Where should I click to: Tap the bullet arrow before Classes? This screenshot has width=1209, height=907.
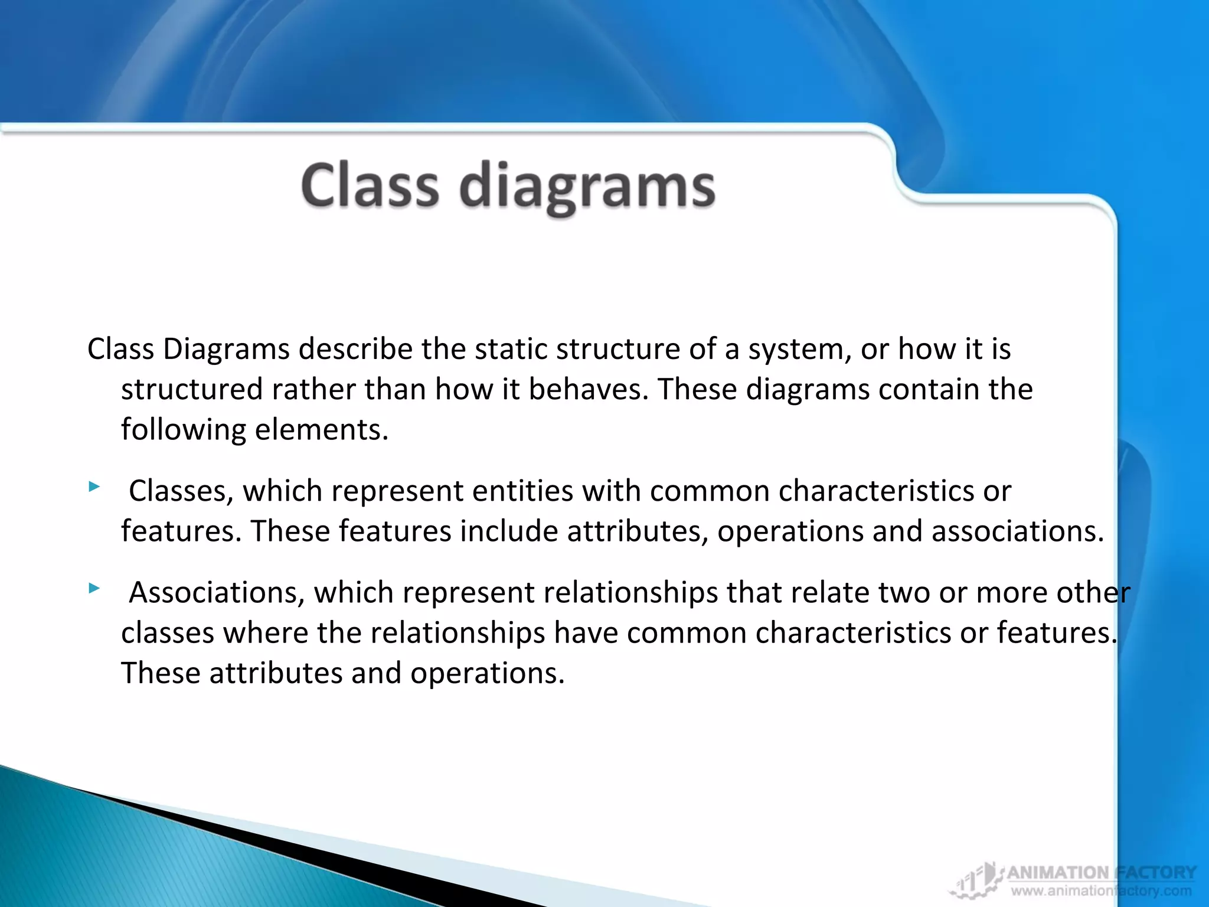(x=94, y=487)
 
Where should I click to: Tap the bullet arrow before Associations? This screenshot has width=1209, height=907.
(x=94, y=588)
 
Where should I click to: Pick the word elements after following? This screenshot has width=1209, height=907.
(x=321, y=429)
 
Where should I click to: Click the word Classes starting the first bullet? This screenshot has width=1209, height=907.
(x=181, y=491)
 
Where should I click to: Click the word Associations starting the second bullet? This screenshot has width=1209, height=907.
(x=217, y=593)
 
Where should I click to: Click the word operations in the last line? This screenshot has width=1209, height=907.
(x=487, y=674)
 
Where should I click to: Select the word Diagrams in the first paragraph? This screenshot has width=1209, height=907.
(x=226, y=350)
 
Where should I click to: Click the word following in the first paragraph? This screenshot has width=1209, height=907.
(x=183, y=430)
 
